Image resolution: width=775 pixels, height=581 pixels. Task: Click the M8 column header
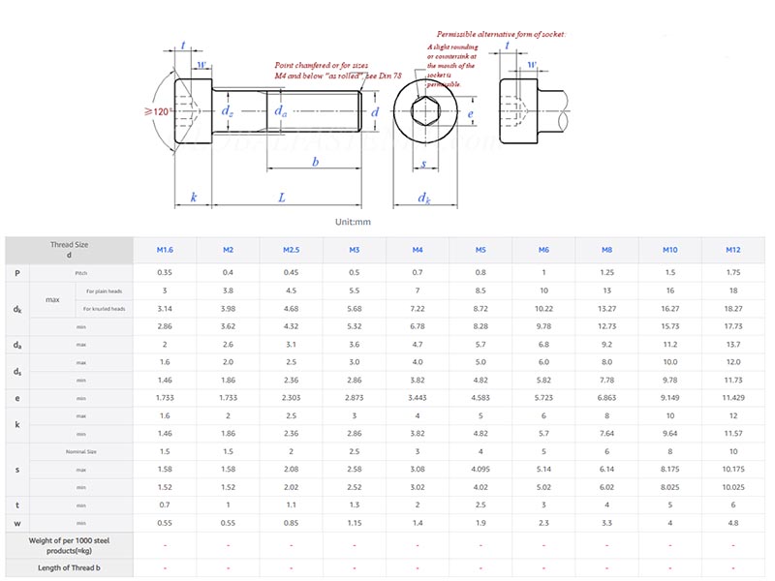pyautogui.click(x=606, y=250)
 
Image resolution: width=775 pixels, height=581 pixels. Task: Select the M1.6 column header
pyautogui.click(x=165, y=250)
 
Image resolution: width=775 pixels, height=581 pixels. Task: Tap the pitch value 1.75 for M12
pyautogui.click(x=732, y=273)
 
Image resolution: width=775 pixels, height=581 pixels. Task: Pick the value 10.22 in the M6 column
pyautogui.click(x=543, y=309)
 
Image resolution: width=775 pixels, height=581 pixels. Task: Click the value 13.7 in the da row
pyautogui.click(x=732, y=344)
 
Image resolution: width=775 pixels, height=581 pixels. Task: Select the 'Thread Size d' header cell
pyautogui.click(x=69, y=250)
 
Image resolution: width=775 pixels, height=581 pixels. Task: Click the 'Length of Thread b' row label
pyautogui.click(x=69, y=567)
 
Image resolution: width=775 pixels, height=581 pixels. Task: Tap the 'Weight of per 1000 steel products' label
pyautogui.click(x=69, y=544)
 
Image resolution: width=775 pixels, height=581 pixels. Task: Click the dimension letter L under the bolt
pyautogui.click(x=282, y=198)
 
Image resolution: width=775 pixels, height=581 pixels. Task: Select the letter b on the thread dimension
pyautogui.click(x=315, y=162)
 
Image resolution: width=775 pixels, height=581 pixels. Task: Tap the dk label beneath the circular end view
pyautogui.click(x=424, y=199)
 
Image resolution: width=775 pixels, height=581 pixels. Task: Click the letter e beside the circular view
pyautogui.click(x=470, y=113)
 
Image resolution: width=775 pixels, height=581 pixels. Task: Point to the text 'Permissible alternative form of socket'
pyautogui.click(x=500, y=34)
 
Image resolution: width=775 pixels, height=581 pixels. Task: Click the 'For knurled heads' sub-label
pyautogui.click(x=104, y=309)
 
